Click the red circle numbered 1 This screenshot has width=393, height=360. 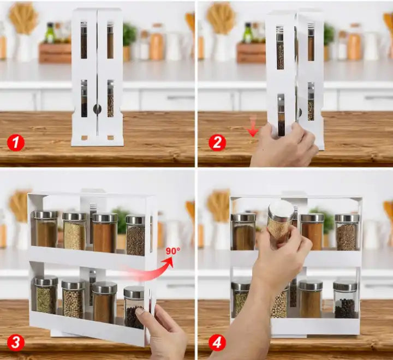point(16,143)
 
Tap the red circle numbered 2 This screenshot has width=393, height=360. point(217,142)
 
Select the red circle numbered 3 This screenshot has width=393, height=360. point(16,343)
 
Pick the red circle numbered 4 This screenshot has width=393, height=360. point(217,343)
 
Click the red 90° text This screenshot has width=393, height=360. point(173,251)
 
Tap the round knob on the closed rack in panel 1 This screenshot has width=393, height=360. point(97,109)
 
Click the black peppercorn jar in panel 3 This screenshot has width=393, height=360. point(134,308)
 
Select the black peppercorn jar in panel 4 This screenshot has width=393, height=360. point(345,300)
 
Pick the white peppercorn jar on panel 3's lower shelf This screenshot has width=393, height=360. point(74,299)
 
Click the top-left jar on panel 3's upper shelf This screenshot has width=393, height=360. point(46,229)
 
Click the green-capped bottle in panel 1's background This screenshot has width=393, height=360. point(50,33)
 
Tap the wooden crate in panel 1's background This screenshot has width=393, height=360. point(55,53)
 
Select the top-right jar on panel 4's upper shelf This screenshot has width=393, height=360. point(347,232)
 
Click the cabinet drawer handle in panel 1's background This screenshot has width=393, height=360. point(181,98)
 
